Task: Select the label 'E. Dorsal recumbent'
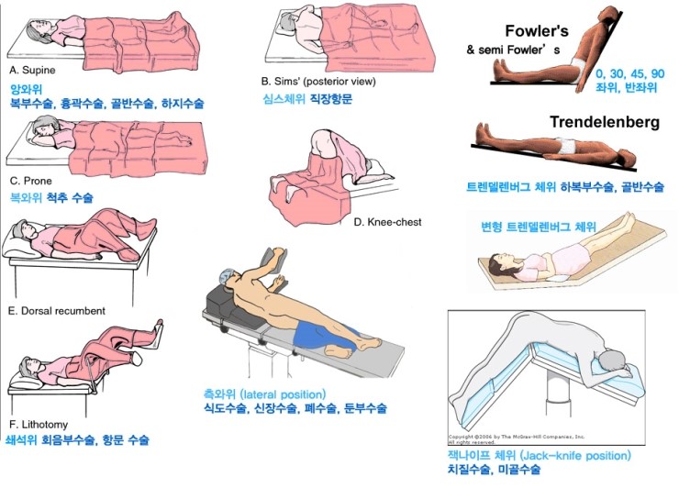pos(56,310)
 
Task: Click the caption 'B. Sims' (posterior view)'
pos(318,81)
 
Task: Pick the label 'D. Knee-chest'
pos(387,221)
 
